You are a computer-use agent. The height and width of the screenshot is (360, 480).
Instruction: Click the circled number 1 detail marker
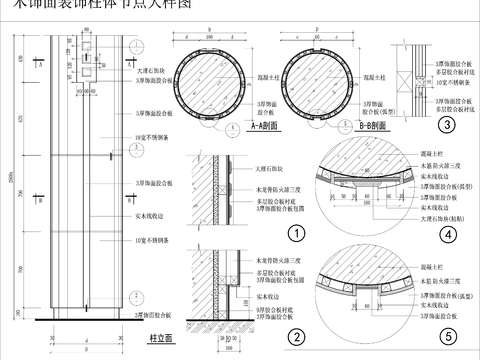(x=295, y=234)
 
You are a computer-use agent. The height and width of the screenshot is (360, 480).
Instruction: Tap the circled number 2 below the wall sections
(x=295, y=335)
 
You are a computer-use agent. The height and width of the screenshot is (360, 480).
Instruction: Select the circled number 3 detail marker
(x=447, y=125)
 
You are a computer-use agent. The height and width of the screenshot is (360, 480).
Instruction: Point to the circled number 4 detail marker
(x=449, y=234)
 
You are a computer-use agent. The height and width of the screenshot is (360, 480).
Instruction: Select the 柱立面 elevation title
(x=162, y=339)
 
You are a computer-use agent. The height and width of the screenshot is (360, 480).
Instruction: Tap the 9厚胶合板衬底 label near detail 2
(x=273, y=308)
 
